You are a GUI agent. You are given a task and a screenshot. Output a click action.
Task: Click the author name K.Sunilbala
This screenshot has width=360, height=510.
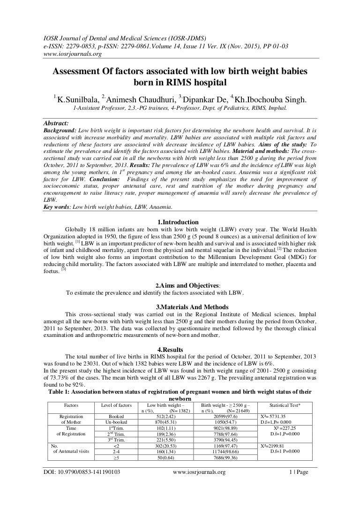click(x=76, y=99)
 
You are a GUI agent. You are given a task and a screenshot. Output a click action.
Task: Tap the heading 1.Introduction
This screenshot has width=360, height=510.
click(x=180, y=222)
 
